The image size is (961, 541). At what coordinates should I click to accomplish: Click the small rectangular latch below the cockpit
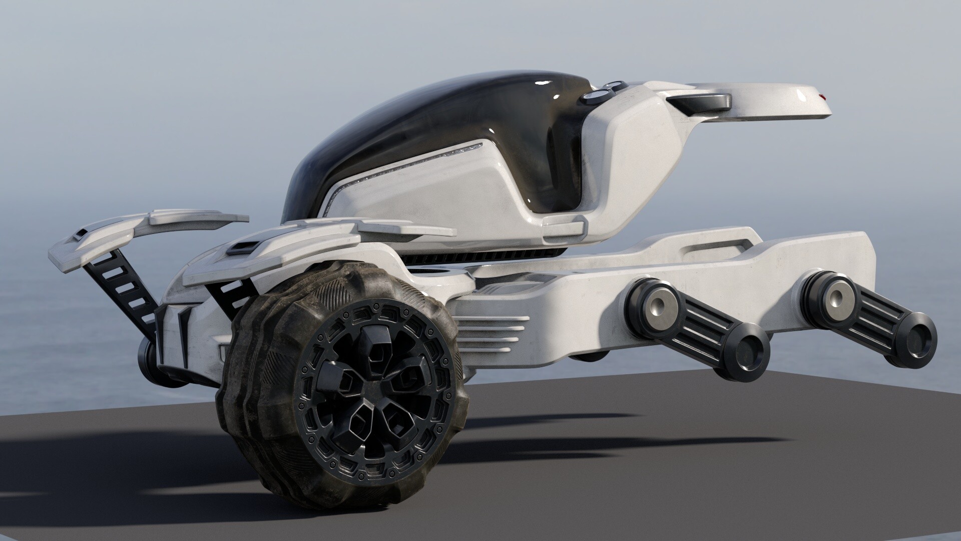(x=564, y=226)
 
